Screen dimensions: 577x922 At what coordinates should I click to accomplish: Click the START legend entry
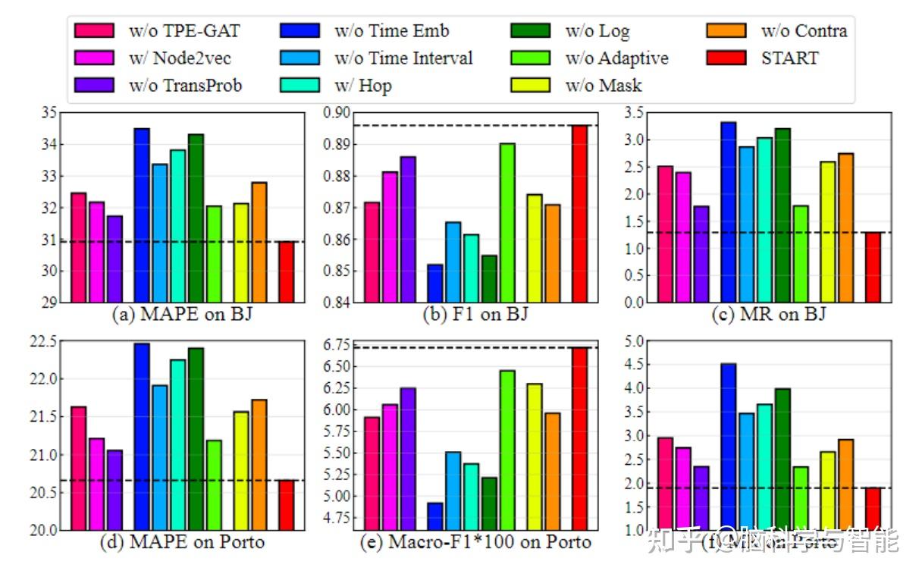click(789, 58)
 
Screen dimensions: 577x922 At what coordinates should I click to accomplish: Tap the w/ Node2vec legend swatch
click(94, 58)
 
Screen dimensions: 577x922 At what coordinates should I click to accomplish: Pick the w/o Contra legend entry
click(804, 30)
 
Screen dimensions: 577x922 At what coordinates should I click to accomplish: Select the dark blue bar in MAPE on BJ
click(142, 215)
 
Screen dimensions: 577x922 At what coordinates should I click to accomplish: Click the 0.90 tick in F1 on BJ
click(336, 113)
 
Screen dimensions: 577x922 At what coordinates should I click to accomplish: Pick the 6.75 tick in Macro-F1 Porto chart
click(336, 346)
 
